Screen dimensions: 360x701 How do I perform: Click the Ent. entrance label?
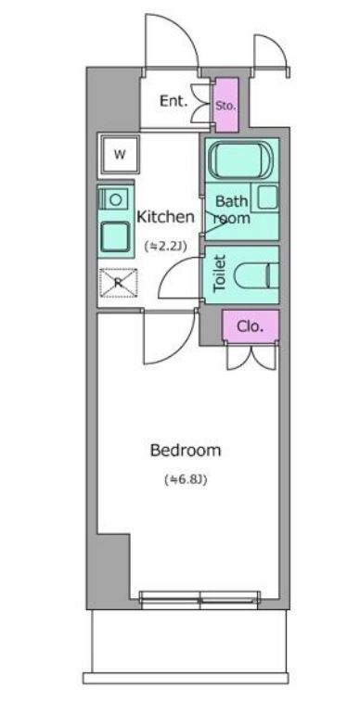tap(174, 101)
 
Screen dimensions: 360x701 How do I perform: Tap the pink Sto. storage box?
tap(225, 105)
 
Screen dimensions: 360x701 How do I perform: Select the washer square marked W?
tap(119, 155)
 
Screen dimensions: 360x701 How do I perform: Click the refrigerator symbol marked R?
tap(118, 283)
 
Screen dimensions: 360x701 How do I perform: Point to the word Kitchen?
tap(165, 217)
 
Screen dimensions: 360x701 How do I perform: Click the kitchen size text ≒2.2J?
tap(165, 245)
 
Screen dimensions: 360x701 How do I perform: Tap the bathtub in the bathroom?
tap(241, 159)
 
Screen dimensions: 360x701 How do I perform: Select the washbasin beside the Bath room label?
tap(267, 198)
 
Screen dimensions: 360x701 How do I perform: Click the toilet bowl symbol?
tap(257, 276)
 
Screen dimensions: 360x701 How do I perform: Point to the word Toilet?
tap(220, 274)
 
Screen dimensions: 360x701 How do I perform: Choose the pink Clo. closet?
tap(251, 326)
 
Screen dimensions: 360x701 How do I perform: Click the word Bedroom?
tap(186, 451)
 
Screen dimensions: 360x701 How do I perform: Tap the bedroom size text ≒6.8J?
tap(186, 480)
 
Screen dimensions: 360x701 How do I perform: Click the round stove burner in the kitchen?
tap(116, 199)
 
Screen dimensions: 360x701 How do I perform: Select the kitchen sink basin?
tap(116, 237)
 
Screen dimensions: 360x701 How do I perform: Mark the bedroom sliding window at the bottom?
tap(199, 600)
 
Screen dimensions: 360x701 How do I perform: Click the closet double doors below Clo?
tap(251, 358)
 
